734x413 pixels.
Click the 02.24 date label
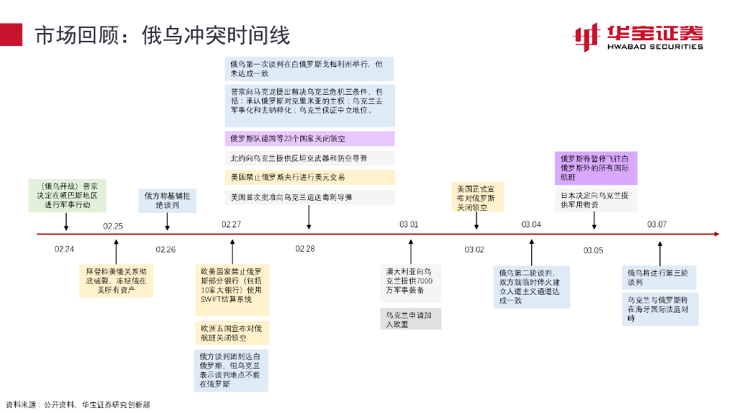(x=65, y=250)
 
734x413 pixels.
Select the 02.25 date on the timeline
(x=113, y=226)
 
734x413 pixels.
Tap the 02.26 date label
(x=166, y=250)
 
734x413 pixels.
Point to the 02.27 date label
(x=231, y=224)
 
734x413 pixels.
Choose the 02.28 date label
(x=305, y=249)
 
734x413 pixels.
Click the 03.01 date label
(x=409, y=224)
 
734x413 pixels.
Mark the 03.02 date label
(x=475, y=250)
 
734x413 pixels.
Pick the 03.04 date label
(x=531, y=224)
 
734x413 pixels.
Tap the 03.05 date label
(x=593, y=250)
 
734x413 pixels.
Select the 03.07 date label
(x=657, y=224)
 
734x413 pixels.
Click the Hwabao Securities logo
(x=637, y=37)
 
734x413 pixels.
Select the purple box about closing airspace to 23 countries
(x=309, y=139)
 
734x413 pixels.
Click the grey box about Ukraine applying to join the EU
(x=410, y=319)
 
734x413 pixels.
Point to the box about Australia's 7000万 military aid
(x=410, y=281)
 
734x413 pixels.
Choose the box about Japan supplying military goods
(x=596, y=200)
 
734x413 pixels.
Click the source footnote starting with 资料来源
(x=77, y=404)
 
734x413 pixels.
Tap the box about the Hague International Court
(x=659, y=309)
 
